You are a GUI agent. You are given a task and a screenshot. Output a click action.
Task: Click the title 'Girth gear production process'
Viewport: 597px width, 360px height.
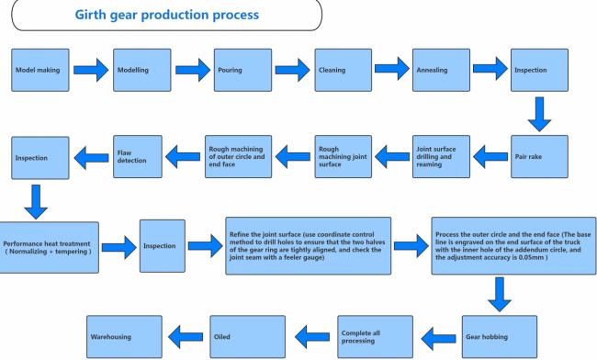(167, 15)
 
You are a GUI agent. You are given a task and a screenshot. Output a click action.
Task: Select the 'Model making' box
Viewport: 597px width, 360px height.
(40, 70)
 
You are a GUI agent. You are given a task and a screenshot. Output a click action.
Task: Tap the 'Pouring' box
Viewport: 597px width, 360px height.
(242, 70)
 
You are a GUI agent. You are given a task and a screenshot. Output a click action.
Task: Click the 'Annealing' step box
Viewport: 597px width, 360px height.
(441, 70)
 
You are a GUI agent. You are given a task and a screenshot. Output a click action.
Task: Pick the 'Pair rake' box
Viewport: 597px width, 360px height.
(539, 156)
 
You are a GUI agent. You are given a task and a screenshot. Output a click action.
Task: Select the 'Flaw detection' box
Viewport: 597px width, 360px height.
(138, 156)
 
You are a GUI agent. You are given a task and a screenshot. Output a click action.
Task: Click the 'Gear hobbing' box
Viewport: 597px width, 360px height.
(500, 337)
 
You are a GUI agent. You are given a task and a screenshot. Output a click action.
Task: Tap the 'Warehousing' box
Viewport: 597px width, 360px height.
(124, 337)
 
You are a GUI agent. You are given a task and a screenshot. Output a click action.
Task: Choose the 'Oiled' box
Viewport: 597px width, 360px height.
(247, 337)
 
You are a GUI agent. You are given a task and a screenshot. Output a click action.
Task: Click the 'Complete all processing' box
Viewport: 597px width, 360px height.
(375, 337)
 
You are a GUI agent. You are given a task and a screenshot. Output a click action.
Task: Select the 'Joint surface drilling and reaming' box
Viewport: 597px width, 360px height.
(441, 156)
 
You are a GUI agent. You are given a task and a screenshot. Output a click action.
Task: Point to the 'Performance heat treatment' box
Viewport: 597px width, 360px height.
(49, 247)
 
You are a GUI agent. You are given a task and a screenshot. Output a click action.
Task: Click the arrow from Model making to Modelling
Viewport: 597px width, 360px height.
(91, 70)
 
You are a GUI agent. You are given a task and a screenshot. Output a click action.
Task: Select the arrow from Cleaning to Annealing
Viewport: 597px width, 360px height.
(392, 69)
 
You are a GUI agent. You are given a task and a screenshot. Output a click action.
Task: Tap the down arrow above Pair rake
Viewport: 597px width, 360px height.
(539, 114)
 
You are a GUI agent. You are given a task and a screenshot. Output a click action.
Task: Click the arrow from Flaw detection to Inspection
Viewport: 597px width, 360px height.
(91, 158)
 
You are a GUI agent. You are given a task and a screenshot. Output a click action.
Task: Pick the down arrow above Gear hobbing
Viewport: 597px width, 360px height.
(500, 295)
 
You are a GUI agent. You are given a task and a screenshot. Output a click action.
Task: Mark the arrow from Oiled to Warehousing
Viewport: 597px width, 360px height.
(186, 337)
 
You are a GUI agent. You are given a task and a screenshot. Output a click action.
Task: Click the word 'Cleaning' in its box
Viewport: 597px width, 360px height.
(332, 70)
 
